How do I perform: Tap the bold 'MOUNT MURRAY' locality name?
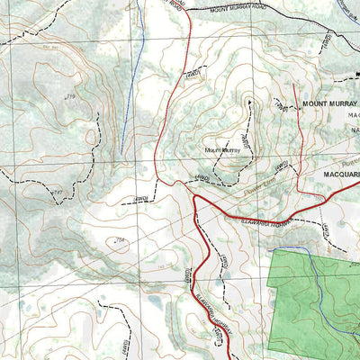coord(329,103)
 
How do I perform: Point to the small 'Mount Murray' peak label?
coord(222,150)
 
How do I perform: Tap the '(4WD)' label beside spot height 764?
coord(139,198)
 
